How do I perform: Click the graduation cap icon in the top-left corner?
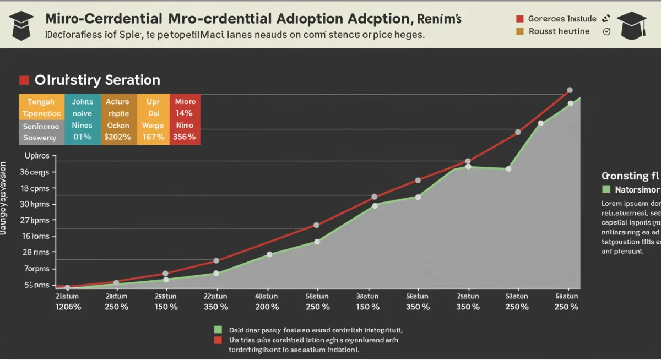point(21,25)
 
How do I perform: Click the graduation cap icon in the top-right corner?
point(631,25)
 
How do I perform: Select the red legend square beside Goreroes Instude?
point(519,18)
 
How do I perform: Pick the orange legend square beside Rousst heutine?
point(519,31)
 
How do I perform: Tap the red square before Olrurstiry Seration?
point(24,80)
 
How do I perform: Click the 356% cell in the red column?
point(184,137)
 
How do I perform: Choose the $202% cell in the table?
point(117,137)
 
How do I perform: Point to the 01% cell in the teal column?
point(82,137)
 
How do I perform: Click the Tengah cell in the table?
point(41,102)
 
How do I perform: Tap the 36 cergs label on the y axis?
point(35,172)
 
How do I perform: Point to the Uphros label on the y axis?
point(37,156)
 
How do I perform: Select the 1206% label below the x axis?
point(68,307)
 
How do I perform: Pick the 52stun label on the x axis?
point(517,296)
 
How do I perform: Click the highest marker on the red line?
point(570,90)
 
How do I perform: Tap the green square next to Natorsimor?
point(606,189)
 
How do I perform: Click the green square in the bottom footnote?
point(218,330)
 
